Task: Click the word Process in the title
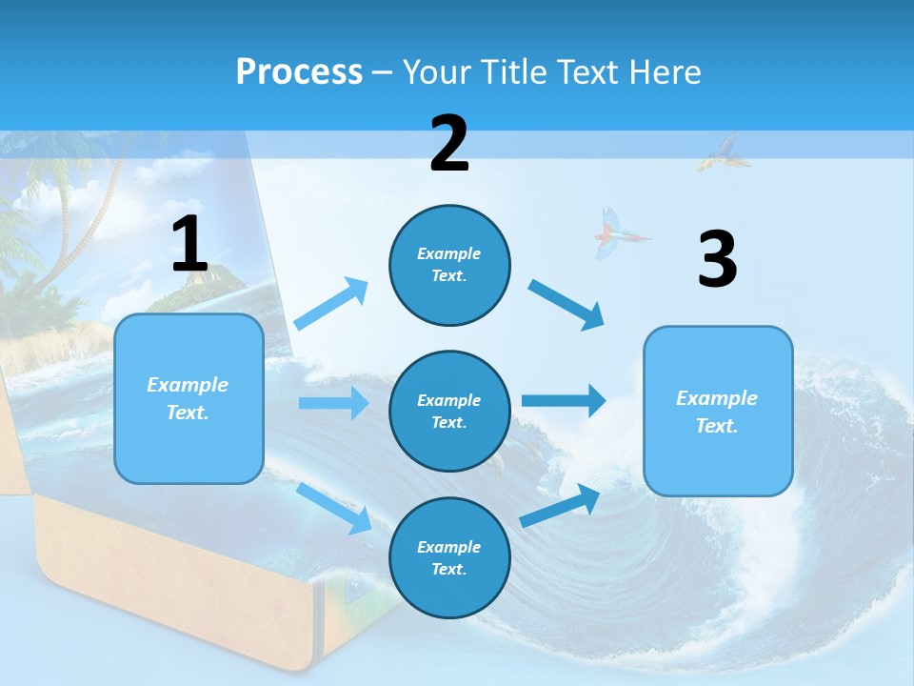click(299, 71)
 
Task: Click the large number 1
click(189, 244)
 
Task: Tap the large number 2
click(449, 143)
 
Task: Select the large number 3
click(717, 259)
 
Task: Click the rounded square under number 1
click(189, 398)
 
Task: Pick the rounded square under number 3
click(718, 411)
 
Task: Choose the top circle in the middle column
click(449, 265)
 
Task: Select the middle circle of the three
click(449, 411)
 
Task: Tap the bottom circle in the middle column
click(449, 557)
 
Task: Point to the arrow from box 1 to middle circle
click(333, 403)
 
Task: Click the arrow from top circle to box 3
click(566, 304)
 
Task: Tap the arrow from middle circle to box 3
click(564, 400)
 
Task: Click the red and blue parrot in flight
click(614, 234)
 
